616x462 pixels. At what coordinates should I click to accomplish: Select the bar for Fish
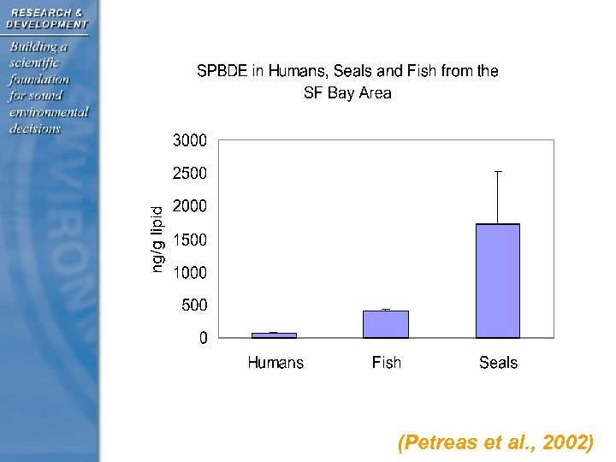pyautogui.click(x=386, y=324)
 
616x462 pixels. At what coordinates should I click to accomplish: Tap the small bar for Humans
pyautogui.click(x=275, y=335)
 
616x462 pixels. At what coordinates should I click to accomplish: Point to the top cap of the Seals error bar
pyautogui.click(x=498, y=172)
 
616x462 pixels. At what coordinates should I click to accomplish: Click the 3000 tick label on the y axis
pyautogui.click(x=189, y=140)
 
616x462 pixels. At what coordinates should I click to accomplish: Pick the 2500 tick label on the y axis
pyautogui.click(x=189, y=174)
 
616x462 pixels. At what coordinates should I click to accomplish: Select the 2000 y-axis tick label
pyautogui.click(x=189, y=206)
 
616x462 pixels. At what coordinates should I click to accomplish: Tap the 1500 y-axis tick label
pyautogui.click(x=189, y=240)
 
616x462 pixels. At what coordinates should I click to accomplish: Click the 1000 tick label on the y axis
pyautogui.click(x=189, y=272)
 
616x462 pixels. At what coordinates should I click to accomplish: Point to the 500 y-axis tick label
pyautogui.click(x=193, y=305)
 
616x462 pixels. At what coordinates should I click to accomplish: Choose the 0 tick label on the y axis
pyautogui.click(x=203, y=339)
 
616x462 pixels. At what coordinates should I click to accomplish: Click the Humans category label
pyautogui.click(x=275, y=363)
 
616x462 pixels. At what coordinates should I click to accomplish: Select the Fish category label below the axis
pyautogui.click(x=386, y=363)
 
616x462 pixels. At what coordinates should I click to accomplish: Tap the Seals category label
pyautogui.click(x=498, y=363)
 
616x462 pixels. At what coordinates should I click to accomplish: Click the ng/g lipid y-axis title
pyautogui.click(x=157, y=240)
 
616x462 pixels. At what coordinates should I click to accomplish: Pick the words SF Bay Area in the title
pyautogui.click(x=347, y=93)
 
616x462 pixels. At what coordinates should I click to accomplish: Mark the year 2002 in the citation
pyautogui.click(x=567, y=443)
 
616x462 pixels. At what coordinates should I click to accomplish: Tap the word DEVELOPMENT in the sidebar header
pyautogui.click(x=46, y=24)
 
